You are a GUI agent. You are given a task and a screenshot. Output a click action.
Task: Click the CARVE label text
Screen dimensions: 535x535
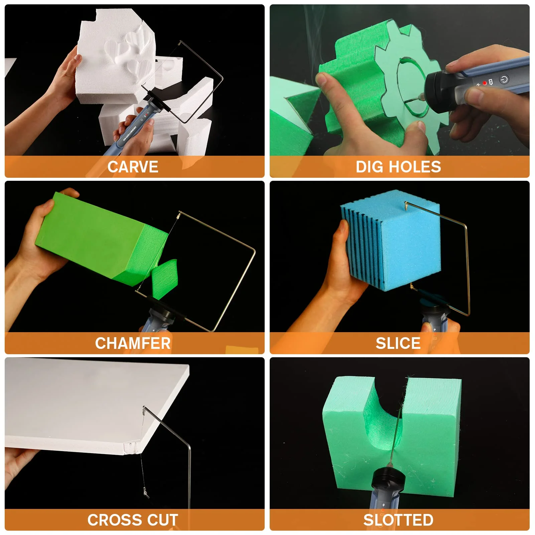click(133, 167)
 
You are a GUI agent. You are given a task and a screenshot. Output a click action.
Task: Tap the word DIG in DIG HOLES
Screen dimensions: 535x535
click(369, 167)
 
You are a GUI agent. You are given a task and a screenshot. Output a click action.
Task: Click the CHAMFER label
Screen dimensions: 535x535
click(133, 343)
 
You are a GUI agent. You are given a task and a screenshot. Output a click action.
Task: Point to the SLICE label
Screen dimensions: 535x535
click(398, 343)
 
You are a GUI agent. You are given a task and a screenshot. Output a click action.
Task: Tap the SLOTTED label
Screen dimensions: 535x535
click(398, 520)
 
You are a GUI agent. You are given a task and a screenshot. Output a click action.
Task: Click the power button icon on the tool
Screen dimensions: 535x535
click(504, 79)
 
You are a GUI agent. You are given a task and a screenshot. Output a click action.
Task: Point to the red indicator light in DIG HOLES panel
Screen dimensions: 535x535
click(485, 83)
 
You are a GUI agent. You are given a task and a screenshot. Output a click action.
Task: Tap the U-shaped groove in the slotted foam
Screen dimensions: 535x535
click(384, 418)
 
